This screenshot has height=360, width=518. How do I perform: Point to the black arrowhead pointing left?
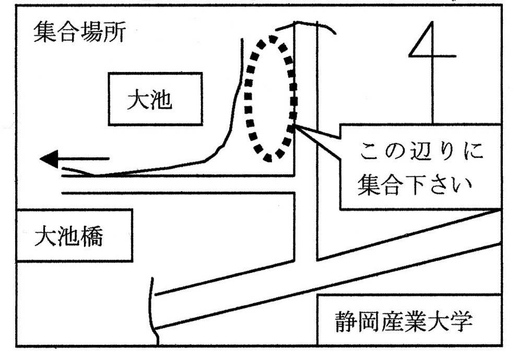[x=51, y=159]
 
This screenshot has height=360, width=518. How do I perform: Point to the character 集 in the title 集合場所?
[x=43, y=34]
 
